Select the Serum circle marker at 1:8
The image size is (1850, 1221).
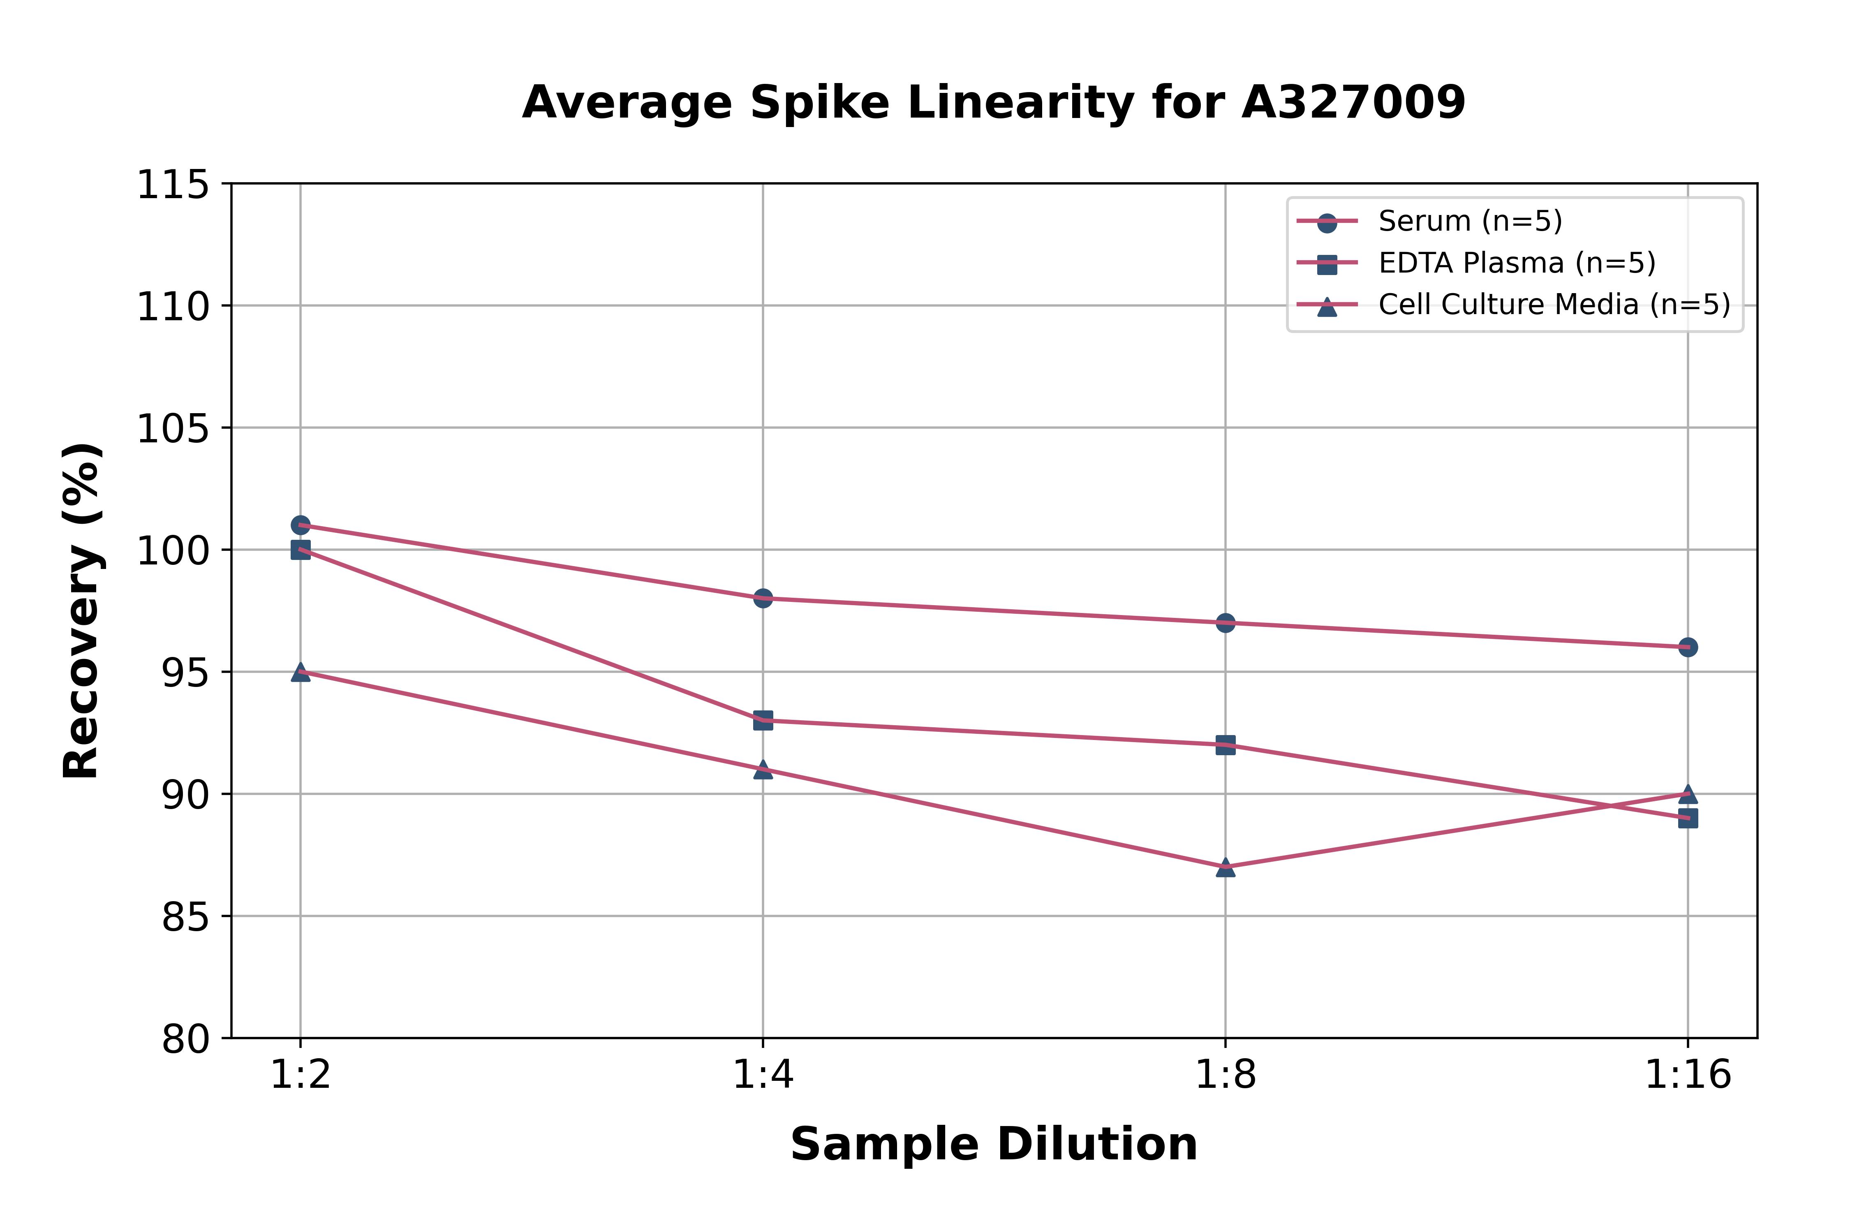pyautogui.click(x=1226, y=623)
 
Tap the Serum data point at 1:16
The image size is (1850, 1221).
pyautogui.click(x=1687, y=647)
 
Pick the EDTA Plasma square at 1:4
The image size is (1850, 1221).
pyautogui.click(x=763, y=720)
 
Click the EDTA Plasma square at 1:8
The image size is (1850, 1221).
pyautogui.click(x=1226, y=745)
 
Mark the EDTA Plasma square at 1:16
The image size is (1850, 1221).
pyautogui.click(x=1687, y=819)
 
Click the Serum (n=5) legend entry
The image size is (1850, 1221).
pyautogui.click(x=1470, y=221)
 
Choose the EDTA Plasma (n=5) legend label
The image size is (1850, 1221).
pyautogui.click(x=1517, y=263)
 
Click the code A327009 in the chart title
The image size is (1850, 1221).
pyautogui.click(x=1353, y=103)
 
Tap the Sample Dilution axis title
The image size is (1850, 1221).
pyautogui.click(x=994, y=1145)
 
